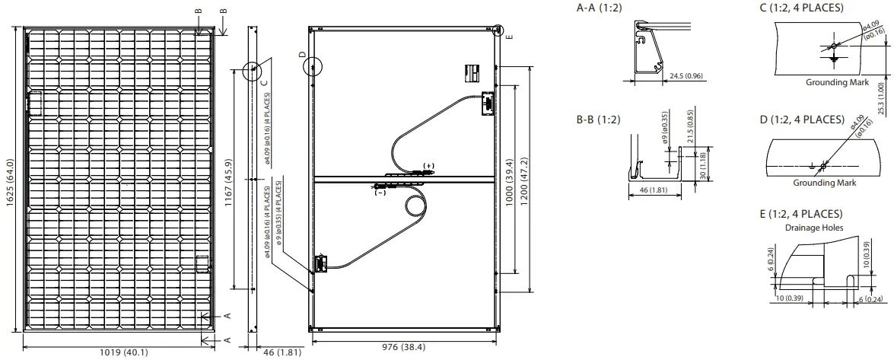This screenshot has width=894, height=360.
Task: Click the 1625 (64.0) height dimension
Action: (11, 183)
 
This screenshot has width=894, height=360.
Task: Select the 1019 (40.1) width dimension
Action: (124, 352)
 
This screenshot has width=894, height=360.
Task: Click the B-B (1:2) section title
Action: (599, 120)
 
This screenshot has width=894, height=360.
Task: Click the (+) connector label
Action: (429, 166)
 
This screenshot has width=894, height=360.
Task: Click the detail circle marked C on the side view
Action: (252, 72)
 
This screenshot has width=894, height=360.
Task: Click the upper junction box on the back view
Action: (485, 102)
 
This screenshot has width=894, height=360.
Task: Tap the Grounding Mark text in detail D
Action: (824, 183)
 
